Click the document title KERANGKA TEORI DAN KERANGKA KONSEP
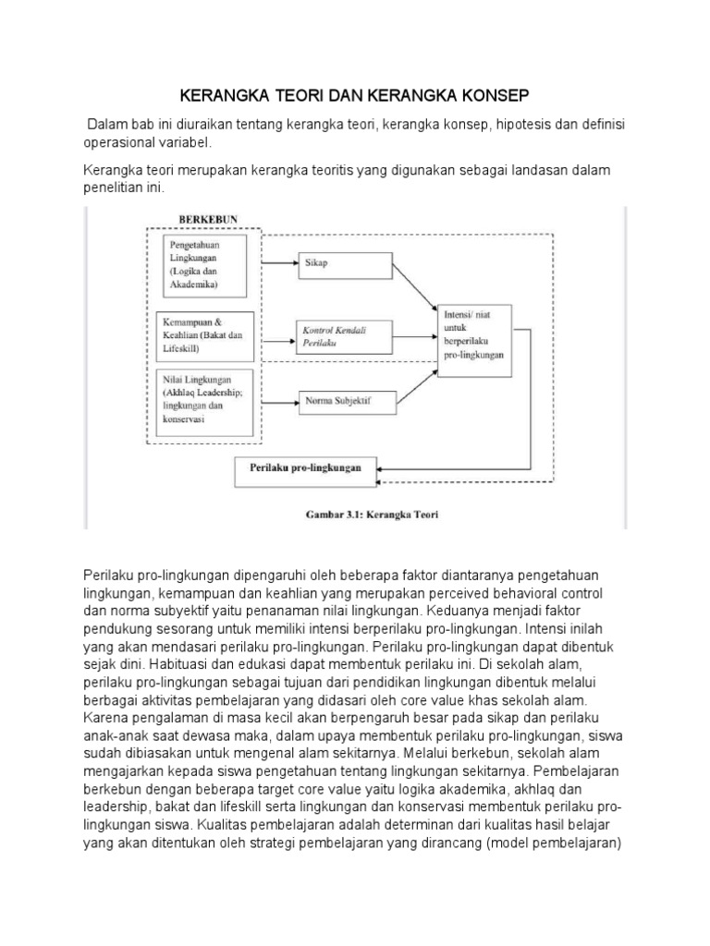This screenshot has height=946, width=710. point(355,95)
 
